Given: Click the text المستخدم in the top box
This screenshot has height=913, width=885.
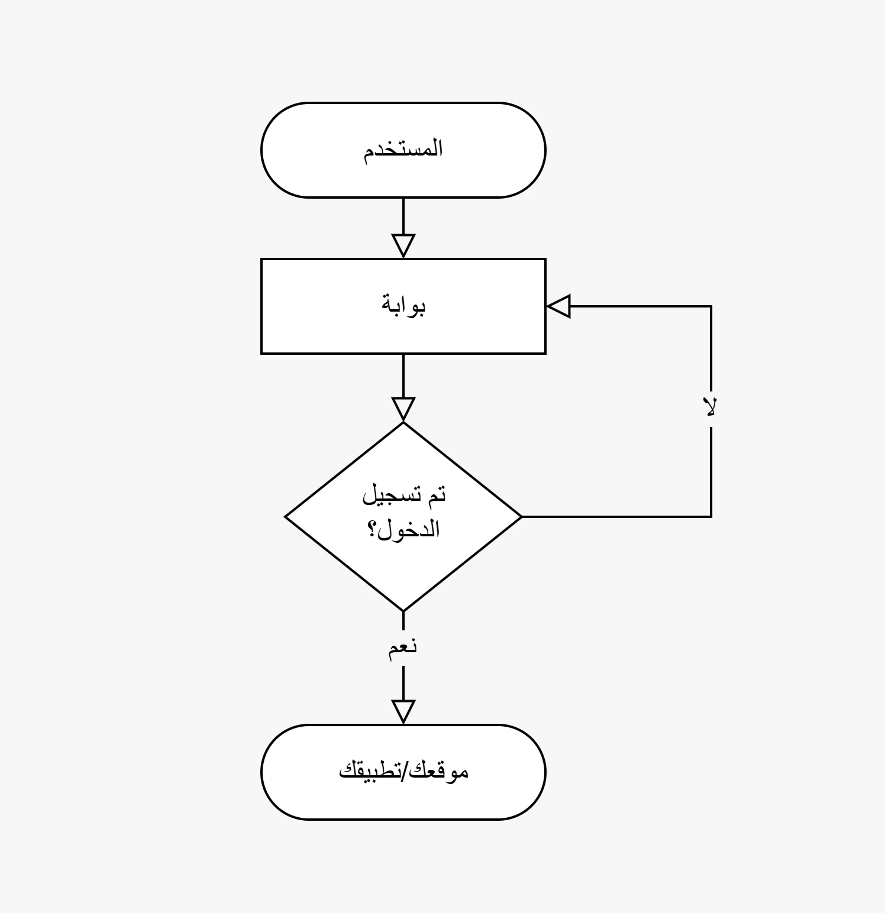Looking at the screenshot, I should [x=403, y=149].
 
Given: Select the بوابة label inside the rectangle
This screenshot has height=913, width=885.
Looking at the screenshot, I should [x=403, y=306].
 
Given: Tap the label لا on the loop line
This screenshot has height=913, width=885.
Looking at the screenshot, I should [x=710, y=407].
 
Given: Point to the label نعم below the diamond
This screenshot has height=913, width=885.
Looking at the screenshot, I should [x=403, y=646].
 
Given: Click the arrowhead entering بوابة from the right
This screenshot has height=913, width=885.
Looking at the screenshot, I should [x=558, y=306].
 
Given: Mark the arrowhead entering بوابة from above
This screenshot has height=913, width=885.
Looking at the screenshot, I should [x=403, y=245].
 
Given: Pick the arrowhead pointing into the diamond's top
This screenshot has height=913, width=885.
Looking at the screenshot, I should [x=403, y=409].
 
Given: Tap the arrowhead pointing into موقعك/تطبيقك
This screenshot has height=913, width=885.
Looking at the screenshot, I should [x=403, y=711].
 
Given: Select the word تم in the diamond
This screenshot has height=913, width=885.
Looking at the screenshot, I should [x=436, y=494].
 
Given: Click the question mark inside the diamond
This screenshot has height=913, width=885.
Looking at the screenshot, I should [x=373, y=528].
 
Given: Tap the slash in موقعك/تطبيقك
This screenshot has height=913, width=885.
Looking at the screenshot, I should [x=403, y=771].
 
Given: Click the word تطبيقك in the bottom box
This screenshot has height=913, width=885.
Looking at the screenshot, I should [x=369, y=771].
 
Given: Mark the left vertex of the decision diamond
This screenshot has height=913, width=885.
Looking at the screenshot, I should [x=286, y=517].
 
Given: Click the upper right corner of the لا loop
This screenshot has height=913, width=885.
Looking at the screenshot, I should [x=710, y=306].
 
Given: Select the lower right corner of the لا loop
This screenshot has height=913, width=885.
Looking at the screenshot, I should [x=710, y=517].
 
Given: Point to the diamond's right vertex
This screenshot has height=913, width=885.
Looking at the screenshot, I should [x=521, y=517].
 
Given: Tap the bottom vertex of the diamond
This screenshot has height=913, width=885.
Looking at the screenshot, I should [x=403, y=611].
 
